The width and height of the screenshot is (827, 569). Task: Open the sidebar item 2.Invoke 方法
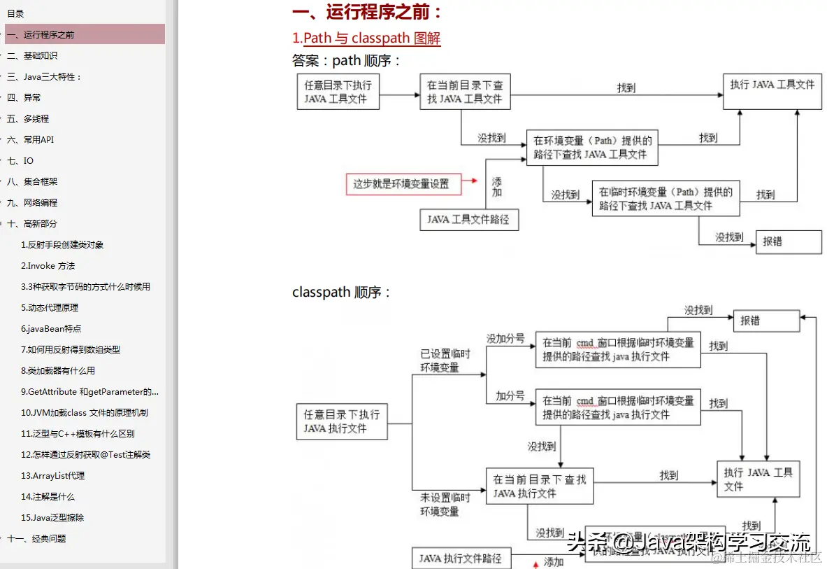[x=48, y=265]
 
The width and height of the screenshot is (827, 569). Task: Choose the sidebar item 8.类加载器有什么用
[x=57, y=370]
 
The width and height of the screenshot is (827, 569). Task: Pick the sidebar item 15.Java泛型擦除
[x=52, y=517]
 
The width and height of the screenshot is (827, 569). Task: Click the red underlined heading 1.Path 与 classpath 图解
[x=366, y=38]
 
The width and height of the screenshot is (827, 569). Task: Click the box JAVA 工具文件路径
[x=468, y=219]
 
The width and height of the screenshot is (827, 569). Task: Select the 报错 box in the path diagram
[x=789, y=241]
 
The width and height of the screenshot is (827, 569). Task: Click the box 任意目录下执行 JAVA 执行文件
[x=341, y=421]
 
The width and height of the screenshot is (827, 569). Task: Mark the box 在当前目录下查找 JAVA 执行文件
[x=539, y=486]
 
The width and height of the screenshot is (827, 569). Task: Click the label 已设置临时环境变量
[x=445, y=360]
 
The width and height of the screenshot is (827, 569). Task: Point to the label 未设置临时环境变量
[x=445, y=504]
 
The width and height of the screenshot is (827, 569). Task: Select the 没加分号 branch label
[x=505, y=339]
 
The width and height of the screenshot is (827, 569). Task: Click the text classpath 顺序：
[x=342, y=293]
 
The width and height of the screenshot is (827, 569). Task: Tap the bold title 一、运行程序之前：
[x=367, y=12]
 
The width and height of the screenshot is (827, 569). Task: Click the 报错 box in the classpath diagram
[x=765, y=321]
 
